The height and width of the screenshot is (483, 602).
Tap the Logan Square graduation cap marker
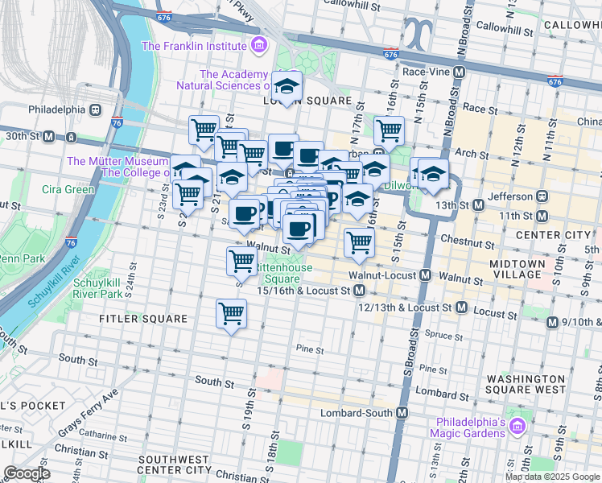(287, 86)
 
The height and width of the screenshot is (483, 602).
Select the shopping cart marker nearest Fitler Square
(232, 313)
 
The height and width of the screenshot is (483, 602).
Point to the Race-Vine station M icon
(459, 72)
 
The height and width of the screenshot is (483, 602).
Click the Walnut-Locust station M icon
(424, 276)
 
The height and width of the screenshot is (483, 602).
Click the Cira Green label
(68, 190)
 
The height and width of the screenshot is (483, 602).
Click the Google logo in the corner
(27, 473)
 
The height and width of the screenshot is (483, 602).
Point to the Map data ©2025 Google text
(552, 477)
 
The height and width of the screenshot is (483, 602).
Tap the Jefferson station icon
(542, 196)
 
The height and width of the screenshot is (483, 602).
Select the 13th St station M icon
(479, 204)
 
